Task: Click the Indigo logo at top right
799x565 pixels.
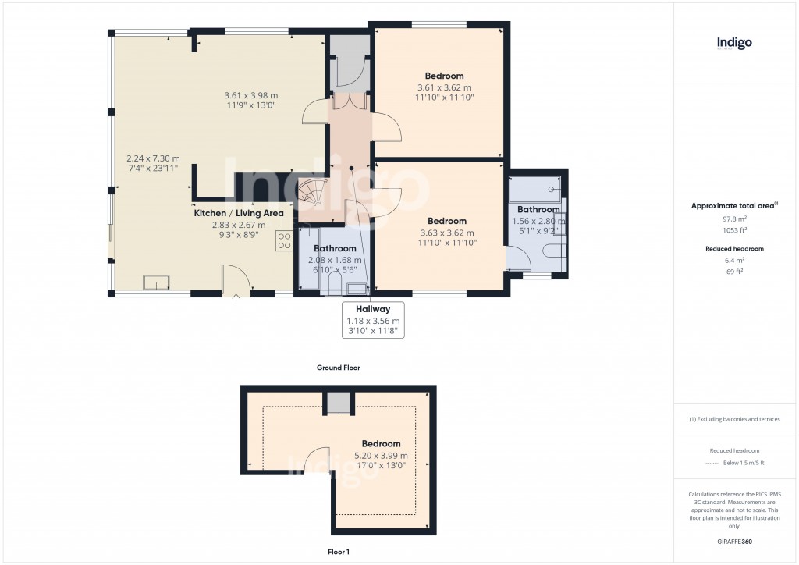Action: point(734,43)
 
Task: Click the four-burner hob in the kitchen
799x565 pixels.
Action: point(283,241)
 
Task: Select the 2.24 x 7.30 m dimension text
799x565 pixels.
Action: point(153,158)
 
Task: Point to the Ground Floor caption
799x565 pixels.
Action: point(338,368)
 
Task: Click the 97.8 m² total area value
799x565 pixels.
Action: point(734,219)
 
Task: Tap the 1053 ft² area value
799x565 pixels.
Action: point(734,230)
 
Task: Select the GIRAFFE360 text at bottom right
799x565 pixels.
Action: point(734,542)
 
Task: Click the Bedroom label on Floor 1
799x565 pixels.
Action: point(381,443)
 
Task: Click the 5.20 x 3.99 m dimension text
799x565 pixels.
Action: point(381,455)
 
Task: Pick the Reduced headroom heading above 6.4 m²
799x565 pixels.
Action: point(734,248)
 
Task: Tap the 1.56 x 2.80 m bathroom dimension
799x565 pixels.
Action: point(538,221)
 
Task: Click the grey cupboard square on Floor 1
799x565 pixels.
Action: point(339,403)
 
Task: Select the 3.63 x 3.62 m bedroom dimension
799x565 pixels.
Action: point(446,233)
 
